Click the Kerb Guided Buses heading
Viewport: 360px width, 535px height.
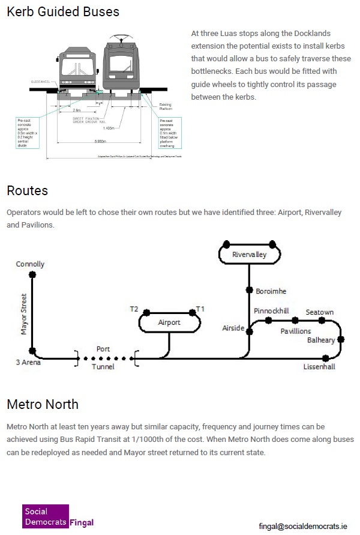(x=63, y=12)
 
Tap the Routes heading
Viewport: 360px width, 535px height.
(x=28, y=191)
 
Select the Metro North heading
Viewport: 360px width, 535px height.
(x=43, y=404)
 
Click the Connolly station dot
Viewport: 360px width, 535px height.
(x=32, y=274)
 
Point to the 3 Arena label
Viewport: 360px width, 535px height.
(x=29, y=363)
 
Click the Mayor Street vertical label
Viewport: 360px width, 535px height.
(x=25, y=314)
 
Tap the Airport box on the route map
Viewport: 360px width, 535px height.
(x=169, y=323)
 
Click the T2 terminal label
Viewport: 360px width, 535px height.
(x=134, y=309)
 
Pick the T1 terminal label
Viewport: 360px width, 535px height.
(x=201, y=309)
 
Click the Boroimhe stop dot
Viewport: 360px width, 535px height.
(x=250, y=289)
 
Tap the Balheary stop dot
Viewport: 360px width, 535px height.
(x=341, y=339)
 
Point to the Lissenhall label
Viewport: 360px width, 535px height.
(x=319, y=367)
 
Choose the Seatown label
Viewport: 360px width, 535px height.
(x=320, y=312)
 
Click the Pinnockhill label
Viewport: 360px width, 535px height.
(x=271, y=311)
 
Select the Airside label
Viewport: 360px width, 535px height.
(x=233, y=328)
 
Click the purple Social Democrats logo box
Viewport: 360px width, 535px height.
(x=45, y=516)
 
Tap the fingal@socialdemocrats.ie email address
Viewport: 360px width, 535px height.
(x=302, y=526)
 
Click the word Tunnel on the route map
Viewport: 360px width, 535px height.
(x=103, y=367)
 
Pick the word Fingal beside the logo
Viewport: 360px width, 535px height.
(x=82, y=522)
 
